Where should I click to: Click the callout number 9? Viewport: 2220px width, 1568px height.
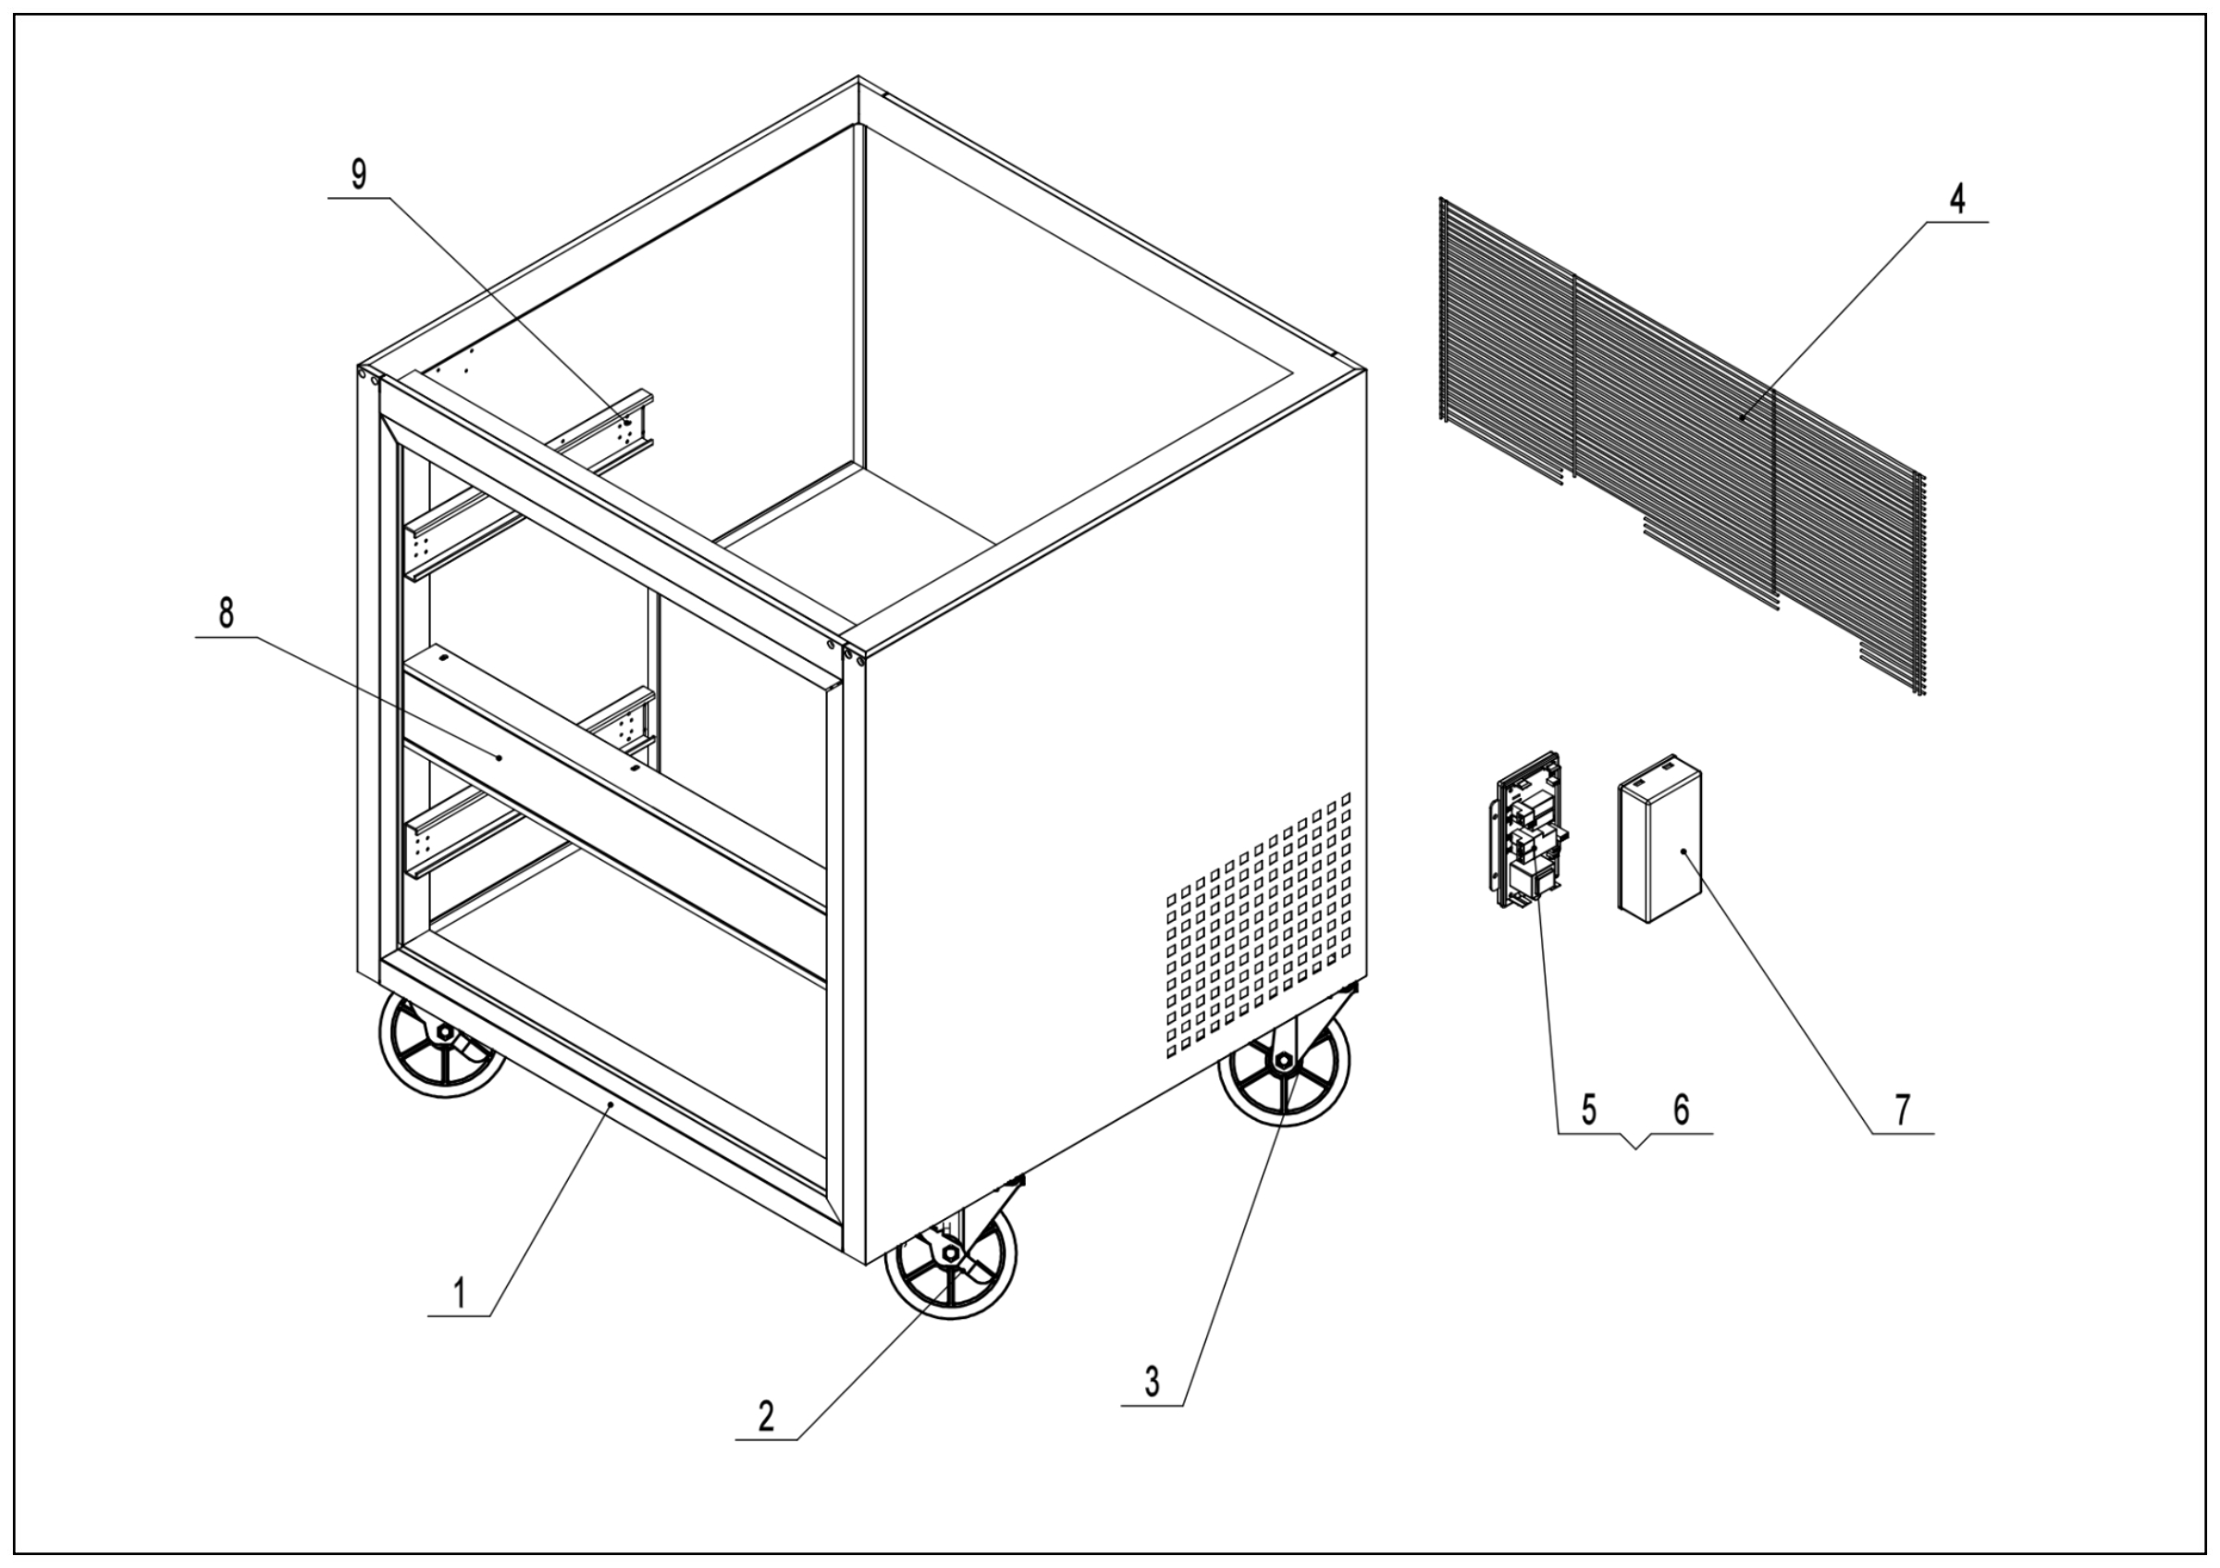point(359,175)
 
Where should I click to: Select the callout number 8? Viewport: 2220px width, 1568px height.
point(227,614)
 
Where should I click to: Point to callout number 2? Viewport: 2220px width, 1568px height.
point(766,1417)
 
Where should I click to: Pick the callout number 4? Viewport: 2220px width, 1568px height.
point(1957,198)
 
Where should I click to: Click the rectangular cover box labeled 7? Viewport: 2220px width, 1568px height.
point(1660,839)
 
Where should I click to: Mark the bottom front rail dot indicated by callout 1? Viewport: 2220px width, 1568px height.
point(611,1101)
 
